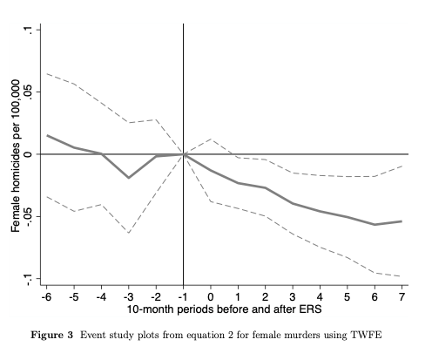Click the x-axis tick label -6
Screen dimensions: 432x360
(x=46, y=297)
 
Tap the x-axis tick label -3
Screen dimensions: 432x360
(x=128, y=297)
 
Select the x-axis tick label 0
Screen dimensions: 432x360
(x=211, y=297)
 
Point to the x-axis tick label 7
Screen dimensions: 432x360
(x=402, y=297)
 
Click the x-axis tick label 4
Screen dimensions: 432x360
(x=320, y=297)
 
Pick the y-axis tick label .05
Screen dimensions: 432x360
(x=28, y=92)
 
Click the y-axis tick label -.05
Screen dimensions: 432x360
(x=28, y=216)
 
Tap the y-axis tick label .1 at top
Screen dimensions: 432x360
(x=28, y=30)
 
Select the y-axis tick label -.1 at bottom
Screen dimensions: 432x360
(x=28, y=279)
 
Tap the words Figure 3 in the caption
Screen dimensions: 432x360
(x=52, y=335)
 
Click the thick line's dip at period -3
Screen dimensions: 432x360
(x=128, y=178)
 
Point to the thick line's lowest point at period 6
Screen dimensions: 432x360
(x=375, y=225)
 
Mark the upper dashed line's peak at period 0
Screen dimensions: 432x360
(x=211, y=139)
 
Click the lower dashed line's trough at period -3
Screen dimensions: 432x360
(x=128, y=233)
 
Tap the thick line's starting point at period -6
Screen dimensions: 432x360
(x=47, y=135)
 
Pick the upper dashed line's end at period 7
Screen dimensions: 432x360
(x=402, y=166)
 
